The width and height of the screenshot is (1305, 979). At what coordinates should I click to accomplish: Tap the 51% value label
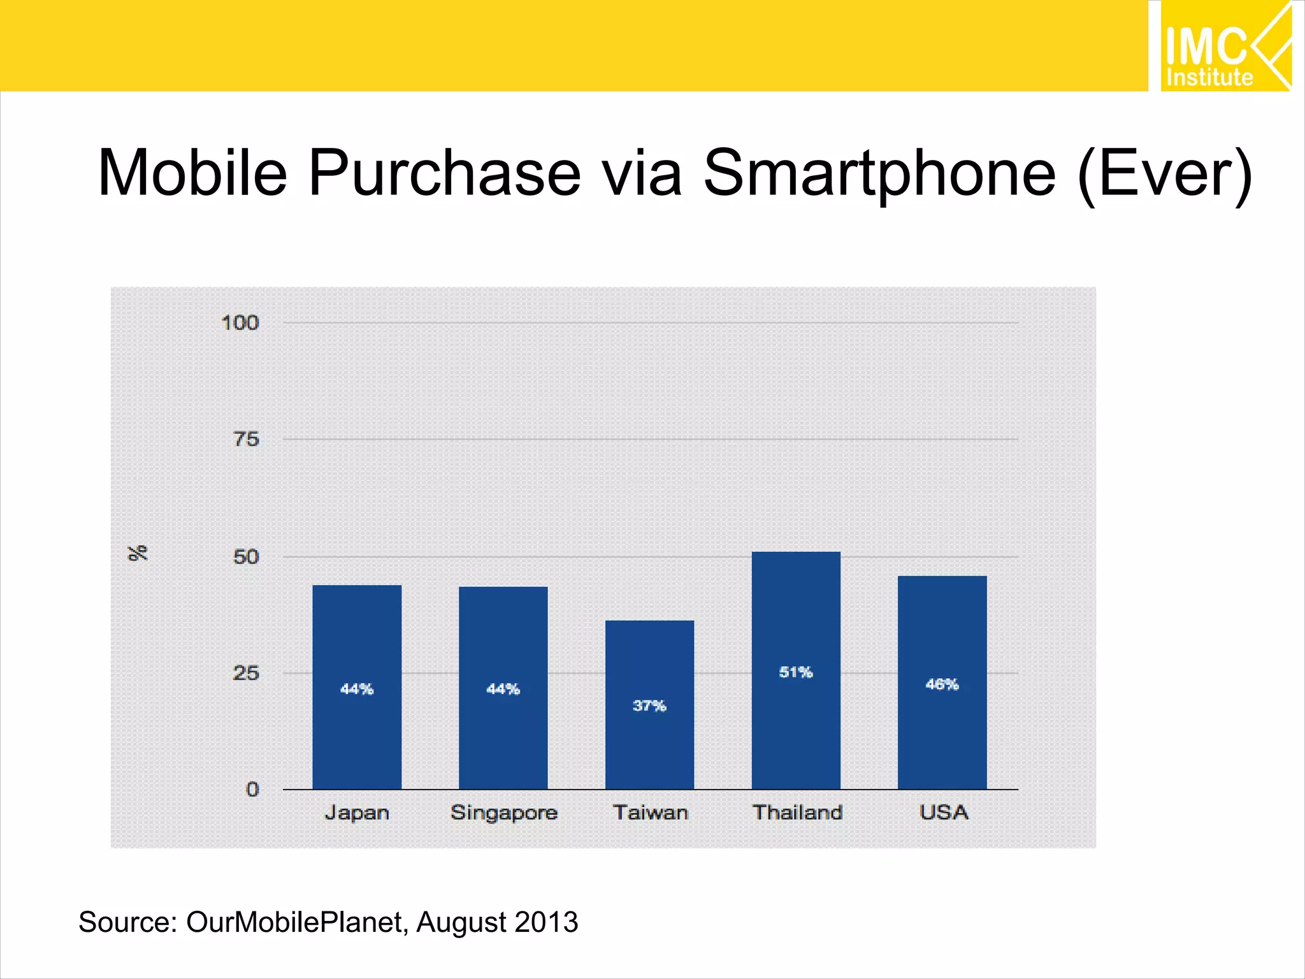pyautogui.click(x=796, y=672)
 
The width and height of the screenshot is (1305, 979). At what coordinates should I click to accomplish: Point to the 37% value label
pyautogui.click(x=649, y=706)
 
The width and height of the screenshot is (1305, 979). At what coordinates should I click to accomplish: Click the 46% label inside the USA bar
pyautogui.click(x=942, y=685)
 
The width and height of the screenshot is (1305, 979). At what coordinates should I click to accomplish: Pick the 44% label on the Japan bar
pyautogui.click(x=357, y=689)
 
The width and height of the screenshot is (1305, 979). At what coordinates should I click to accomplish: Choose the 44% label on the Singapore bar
pyautogui.click(x=503, y=689)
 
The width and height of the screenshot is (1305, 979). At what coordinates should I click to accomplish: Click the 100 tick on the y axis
pyautogui.click(x=240, y=323)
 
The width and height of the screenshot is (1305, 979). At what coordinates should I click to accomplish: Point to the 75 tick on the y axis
pyautogui.click(x=246, y=439)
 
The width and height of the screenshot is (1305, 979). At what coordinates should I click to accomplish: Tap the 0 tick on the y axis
pyautogui.click(x=252, y=790)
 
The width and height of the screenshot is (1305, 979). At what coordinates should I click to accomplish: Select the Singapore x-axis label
pyautogui.click(x=504, y=813)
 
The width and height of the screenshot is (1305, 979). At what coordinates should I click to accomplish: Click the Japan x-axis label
pyautogui.click(x=357, y=813)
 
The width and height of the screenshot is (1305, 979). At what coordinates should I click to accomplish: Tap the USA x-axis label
pyautogui.click(x=944, y=813)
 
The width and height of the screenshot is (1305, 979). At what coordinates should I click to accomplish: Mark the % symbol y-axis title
pyautogui.click(x=138, y=553)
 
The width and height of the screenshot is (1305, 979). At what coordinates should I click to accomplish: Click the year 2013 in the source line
pyautogui.click(x=546, y=922)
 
